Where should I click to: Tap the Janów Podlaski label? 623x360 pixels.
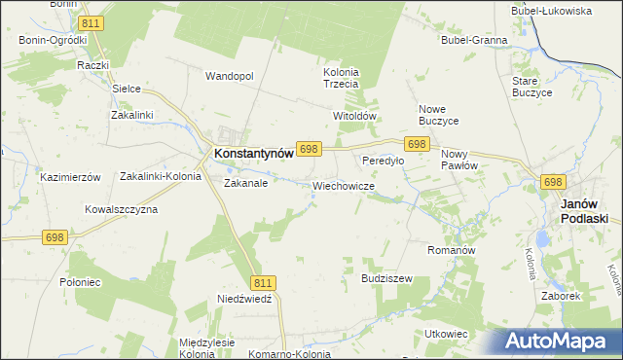coord(585,211)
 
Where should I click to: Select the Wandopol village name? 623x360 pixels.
coord(229,76)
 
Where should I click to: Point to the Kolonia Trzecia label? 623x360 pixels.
coord(341,78)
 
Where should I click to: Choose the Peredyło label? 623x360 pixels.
coord(383,161)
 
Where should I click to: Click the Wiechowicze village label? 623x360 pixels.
coord(344,185)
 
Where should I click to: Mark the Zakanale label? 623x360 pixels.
coord(245,182)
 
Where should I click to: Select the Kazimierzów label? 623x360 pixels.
coord(70,177)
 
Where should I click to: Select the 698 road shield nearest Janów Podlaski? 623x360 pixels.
coord(553,182)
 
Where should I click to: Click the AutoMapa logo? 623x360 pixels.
coord(556,341)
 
